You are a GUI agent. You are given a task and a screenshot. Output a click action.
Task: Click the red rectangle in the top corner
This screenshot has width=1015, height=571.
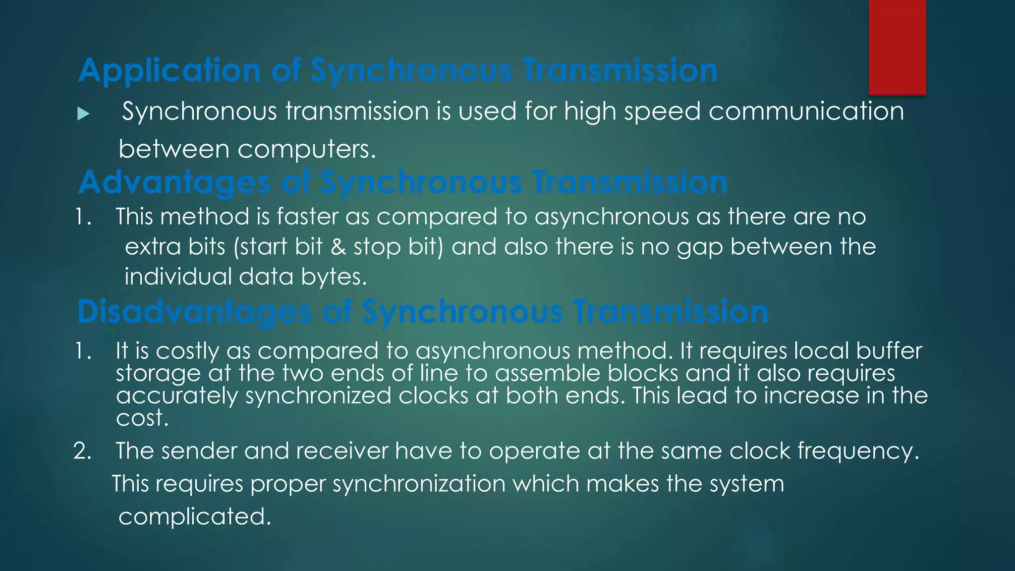pos(897,47)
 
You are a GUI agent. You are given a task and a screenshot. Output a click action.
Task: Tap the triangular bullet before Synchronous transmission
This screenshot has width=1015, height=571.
pos(83,114)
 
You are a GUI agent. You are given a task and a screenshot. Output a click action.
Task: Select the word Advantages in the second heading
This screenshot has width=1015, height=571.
pos(174,182)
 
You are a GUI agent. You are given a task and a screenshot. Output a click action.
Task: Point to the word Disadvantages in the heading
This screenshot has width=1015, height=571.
pos(194,312)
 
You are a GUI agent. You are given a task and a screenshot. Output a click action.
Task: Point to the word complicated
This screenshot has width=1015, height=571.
pos(194,517)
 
